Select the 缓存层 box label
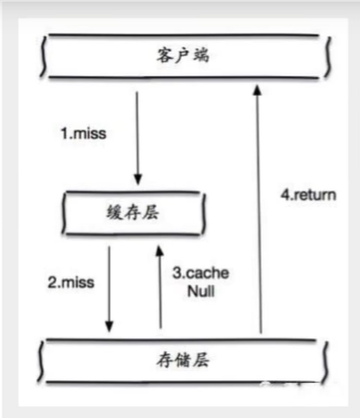click(134, 214)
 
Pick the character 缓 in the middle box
click(114, 214)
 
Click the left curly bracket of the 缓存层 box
click(66, 214)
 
